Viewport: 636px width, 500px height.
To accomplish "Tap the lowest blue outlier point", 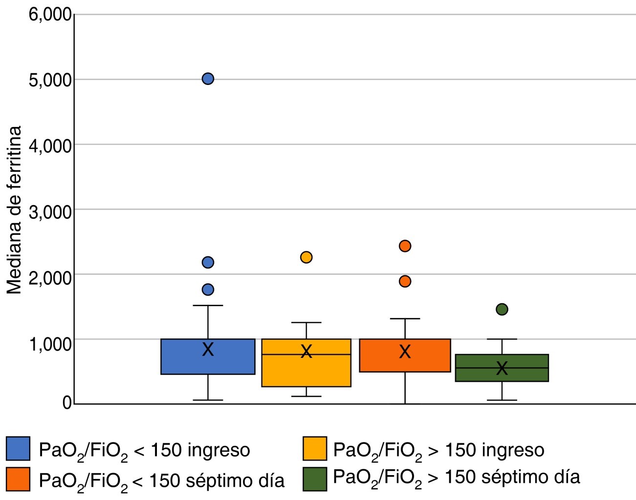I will tap(208, 290).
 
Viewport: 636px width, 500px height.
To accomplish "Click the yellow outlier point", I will tap(306, 257).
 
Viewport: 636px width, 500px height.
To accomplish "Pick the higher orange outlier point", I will tap(405, 246).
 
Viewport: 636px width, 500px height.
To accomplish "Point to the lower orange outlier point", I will tap(405, 281).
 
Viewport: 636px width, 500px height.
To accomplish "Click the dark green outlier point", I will tap(502, 309).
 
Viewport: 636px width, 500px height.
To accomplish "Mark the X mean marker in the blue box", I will tap(208, 349).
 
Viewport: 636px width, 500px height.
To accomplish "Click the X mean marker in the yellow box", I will tap(306, 351).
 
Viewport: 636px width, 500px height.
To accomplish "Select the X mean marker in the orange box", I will tap(405, 352).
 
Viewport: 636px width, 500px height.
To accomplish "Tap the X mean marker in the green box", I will tap(502, 368).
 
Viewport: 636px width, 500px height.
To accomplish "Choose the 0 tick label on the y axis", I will tap(67, 403).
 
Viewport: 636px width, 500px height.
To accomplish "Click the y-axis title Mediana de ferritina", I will tap(15, 210).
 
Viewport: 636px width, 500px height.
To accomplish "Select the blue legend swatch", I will tap(18, 449).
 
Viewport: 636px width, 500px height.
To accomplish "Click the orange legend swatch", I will tap(18, 479).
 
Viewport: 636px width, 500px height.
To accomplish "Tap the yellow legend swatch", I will tap(315, 449).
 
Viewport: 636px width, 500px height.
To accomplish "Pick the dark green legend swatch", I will tap(315, 479).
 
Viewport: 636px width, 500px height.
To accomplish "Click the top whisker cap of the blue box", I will tap(208, 306).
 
